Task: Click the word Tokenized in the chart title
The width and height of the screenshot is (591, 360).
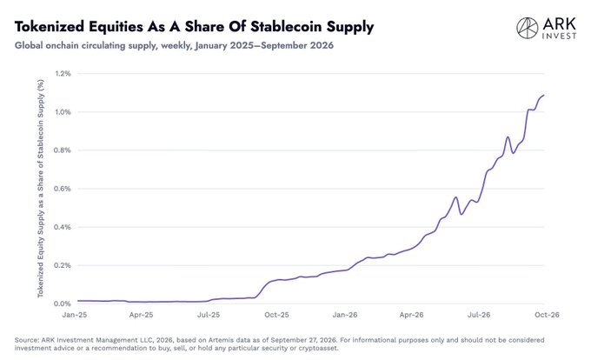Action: [x=50, y=27]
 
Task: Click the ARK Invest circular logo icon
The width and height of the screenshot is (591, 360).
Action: [x=527, y=28]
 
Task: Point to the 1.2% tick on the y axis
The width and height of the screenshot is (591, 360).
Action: [x=63, y=74]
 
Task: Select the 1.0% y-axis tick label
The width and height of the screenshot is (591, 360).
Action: [x=63, y=112]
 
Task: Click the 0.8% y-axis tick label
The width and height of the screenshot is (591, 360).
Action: [x=63, y=150]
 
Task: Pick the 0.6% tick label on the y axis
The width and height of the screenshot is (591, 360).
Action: [x=63, y=189]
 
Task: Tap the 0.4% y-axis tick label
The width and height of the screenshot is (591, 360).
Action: [x=63, y=227]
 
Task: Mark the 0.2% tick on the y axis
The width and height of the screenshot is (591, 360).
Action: [x=63, y=265]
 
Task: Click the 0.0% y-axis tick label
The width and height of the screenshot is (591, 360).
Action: [x=63, y=303]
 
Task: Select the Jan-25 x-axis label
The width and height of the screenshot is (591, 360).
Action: [x=74, y=315]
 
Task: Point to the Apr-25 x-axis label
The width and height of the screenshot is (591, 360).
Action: [x=141, y=315]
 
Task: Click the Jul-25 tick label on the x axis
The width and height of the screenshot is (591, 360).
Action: [x=209, y=315]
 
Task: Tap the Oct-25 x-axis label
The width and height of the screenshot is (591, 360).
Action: [x=276, y=315]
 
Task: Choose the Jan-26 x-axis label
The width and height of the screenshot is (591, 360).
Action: [x=344, y=315]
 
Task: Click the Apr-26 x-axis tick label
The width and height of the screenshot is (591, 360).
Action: [x=411, y=315]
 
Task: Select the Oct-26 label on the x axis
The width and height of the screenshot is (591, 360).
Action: [x=547, y=315]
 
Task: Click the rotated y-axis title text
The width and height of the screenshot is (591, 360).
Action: [x=40, y=189]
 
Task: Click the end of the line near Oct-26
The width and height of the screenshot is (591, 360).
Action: [x=544, y=96]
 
